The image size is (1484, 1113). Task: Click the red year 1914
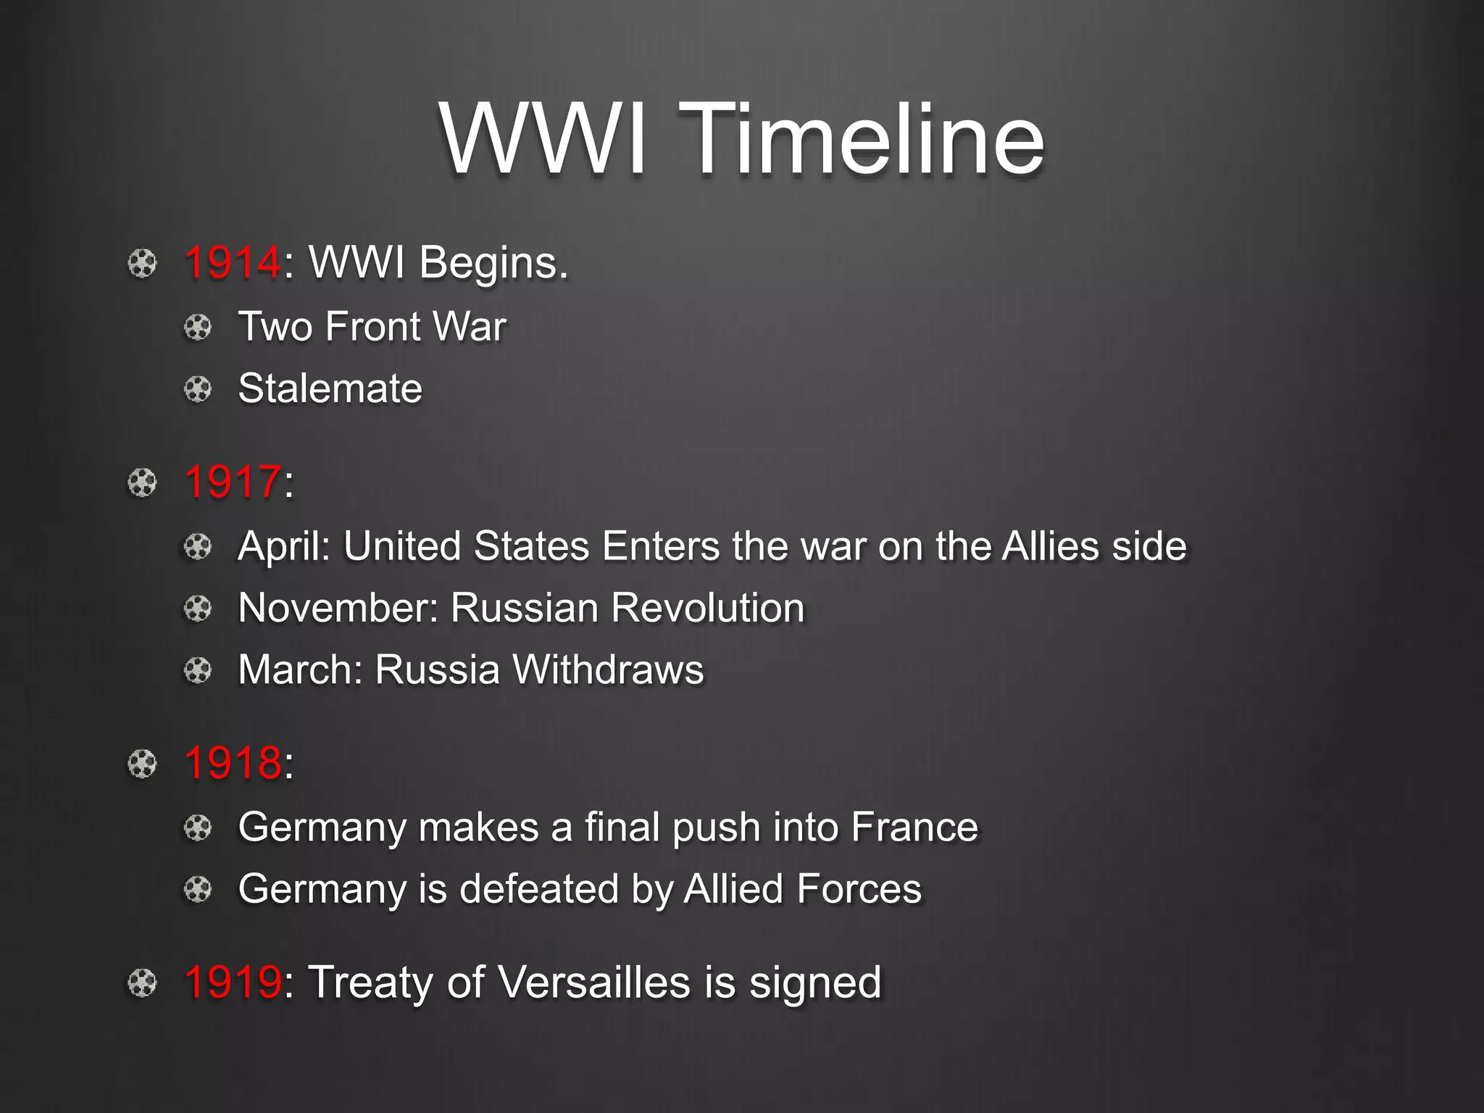pyautogui.click(x=232, y=262)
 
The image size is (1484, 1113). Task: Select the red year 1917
pyautogui.click(x=232, y=482)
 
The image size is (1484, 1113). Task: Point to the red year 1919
pyautogui.click(x=232, y=983)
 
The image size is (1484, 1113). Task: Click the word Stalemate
pyautogui.click(x=330, y=388)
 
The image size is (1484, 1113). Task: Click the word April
pyautogui.click(x=280, y=546)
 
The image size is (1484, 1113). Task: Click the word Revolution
pyautogui.click(x=707, y=608)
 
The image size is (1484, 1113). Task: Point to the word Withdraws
pyautogui.click(x=608, y=670)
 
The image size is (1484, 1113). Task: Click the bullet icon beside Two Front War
pyautogui.click(x=197, y=328)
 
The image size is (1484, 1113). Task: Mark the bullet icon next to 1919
pyautogui.click(x=142, y=983)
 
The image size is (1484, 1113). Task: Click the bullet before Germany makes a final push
pyautogui.click(x=197, y=828)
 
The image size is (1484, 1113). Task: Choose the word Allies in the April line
pyautogui.click(x=1051, y=546)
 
